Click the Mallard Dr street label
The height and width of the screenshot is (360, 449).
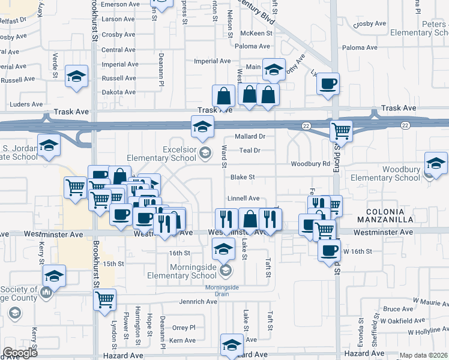[x=250, y=137]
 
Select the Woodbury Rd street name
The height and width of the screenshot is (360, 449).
[x=311, y=164]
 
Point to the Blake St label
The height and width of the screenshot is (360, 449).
[x=243, y=177]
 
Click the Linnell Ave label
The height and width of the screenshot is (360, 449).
[x=243, y=198]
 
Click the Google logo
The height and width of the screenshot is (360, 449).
[x=20, y=353]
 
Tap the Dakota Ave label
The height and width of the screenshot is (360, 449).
[x=119, y=92]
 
